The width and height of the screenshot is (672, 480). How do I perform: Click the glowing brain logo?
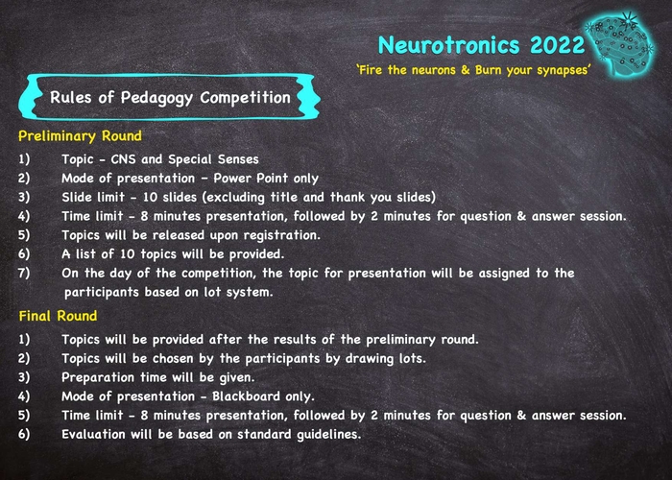(x=620, y=44)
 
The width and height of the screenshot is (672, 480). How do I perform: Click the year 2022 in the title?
(x=558, y=44)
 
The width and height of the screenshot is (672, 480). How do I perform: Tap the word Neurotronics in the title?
(x=449, y=44)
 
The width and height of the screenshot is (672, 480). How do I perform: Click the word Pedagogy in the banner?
(x=156, y=98)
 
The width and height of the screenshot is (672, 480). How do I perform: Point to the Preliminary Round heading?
(x=80, y=136)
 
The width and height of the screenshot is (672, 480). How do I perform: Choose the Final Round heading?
(x=58, y=316)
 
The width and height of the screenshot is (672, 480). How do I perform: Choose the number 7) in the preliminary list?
(x=24, y=273)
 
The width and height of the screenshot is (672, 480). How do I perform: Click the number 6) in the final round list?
(x=24, y=434)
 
